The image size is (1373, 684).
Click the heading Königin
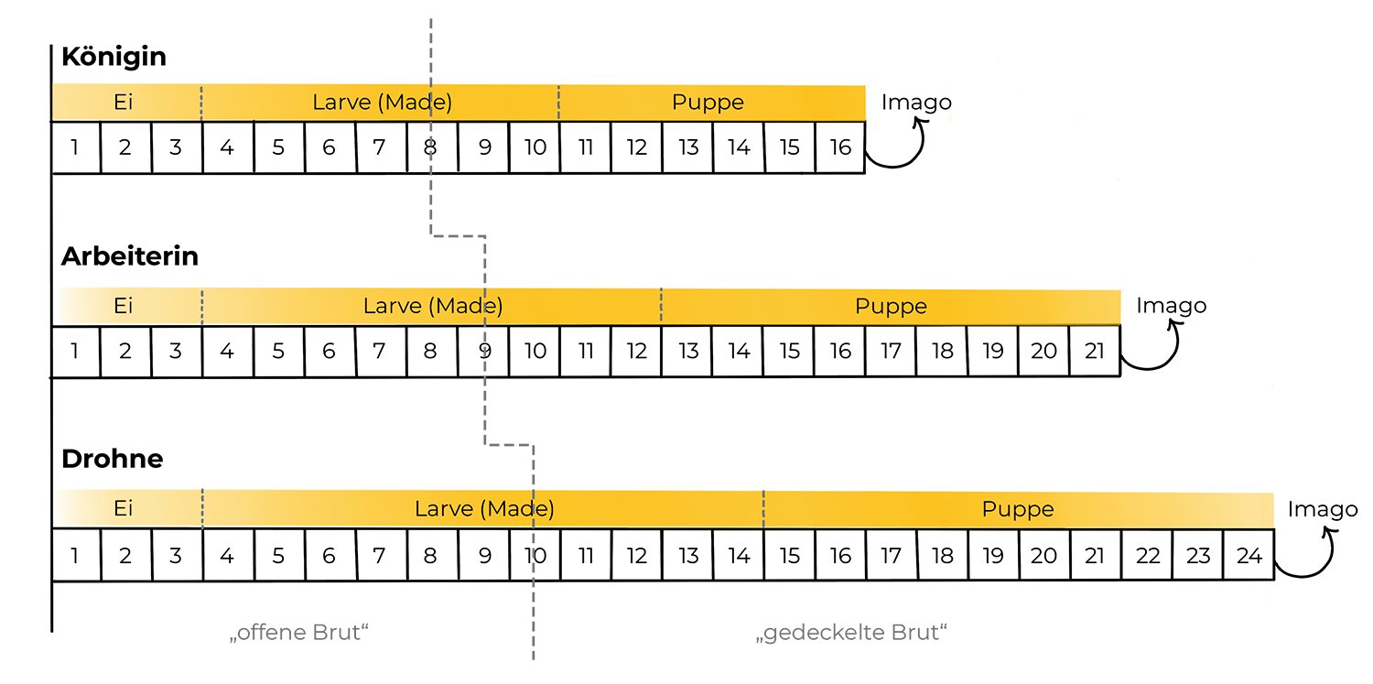[x=114, y=57]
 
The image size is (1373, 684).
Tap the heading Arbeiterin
[x=129, y=256]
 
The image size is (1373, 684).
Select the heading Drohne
[x=112, y=459]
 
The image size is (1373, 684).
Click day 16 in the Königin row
[x=840, y=147]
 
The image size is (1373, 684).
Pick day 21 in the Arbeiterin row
[x=1094, y=352]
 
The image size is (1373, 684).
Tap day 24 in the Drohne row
[x=1249, y=556]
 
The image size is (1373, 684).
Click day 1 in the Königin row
[x=74, y=147]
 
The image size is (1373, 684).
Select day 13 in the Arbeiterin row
[x=688, y=352]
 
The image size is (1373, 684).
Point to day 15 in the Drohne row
[x=790, y=556]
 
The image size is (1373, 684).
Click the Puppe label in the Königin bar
[x=708, y=103]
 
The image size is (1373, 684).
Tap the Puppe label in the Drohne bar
[x=1018, y=509]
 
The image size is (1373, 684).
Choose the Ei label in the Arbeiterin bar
[x=124, y=306]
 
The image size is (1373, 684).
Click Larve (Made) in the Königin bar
[x=382, y=103]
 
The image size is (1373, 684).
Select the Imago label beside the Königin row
[x=916, y=103]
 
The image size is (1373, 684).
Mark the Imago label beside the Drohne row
[x=1323, y=509]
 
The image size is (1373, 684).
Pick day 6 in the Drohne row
[x=329, y=556]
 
